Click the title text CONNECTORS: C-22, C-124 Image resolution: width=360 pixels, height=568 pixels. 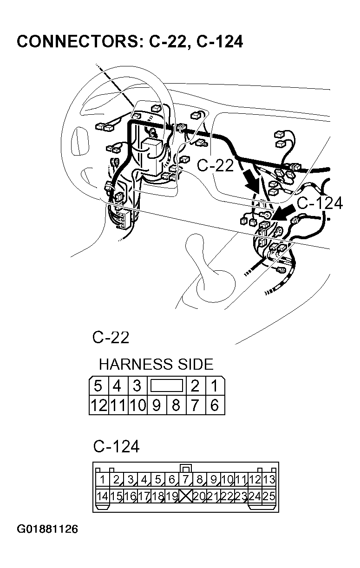tap(130, 42)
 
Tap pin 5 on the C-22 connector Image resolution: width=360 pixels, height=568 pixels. tap(98, 386)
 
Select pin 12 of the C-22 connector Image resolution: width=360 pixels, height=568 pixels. tap(98, 405)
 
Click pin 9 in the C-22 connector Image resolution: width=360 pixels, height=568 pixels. tap(157, 405)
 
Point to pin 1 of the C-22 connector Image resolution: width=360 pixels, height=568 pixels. tap(214, 386)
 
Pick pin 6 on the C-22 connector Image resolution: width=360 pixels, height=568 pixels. tap(214, 405)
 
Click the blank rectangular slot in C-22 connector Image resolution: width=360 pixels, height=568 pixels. tap(166, 385)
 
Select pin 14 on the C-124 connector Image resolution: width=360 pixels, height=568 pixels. tap(102, 496)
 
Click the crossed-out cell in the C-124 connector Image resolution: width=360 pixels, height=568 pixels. tap(185, 496)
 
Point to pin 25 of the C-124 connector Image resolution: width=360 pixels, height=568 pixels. tap(268, 496)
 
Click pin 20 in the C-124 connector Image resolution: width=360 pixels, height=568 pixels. tap(199, 496)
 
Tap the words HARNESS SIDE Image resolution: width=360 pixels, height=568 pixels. tap(156, 364)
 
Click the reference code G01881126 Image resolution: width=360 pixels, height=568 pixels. tap(47, 529)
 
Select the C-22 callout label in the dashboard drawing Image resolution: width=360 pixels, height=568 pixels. tap(216, 165)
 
